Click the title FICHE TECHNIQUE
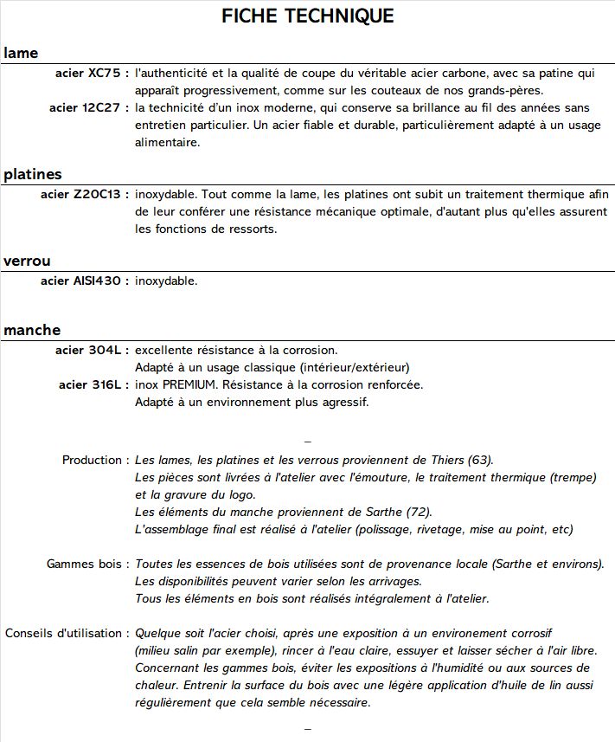point(307,16)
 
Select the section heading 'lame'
point(21,53)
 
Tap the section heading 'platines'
point(32,174)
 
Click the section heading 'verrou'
point(27,261)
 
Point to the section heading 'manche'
point(32,330)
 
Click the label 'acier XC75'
point(89,74)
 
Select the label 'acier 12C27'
point(86,108)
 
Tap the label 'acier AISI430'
point(82,281)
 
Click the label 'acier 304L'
point(89,350)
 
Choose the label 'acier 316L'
point(91,384)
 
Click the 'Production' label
point(93,460)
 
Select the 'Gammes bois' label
point(85,564)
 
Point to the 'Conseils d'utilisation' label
point(64,633)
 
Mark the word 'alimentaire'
point(167,142)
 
